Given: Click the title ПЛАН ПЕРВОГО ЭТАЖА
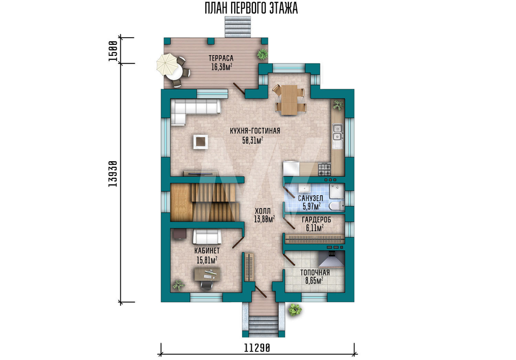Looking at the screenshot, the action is click(251, 8).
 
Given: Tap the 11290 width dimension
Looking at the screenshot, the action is click(257, 348).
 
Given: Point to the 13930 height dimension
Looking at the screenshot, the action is click(113, 174).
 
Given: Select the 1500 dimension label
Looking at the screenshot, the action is click(113, 51).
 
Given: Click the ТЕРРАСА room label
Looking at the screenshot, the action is click(221, 58).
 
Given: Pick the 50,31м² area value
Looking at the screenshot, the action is click(253, 140).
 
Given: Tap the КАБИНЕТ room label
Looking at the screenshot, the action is click(207, 251).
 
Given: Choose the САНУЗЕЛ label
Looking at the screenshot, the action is click(310, 198).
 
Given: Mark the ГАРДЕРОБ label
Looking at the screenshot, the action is click(316, 220).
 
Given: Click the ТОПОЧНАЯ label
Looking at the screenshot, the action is click(315, 273).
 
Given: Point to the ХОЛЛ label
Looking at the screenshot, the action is click(263, 211).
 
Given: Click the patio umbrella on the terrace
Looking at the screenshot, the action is click(167, 64).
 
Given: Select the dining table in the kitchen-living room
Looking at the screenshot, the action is click(289, 100).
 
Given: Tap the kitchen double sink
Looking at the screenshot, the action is click(337, 132).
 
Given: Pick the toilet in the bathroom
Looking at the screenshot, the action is click(336, 206).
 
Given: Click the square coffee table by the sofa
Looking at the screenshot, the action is click(200, 142).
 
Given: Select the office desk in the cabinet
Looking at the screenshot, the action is click(207, 274).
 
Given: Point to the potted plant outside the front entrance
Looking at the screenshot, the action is click(295, 310).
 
